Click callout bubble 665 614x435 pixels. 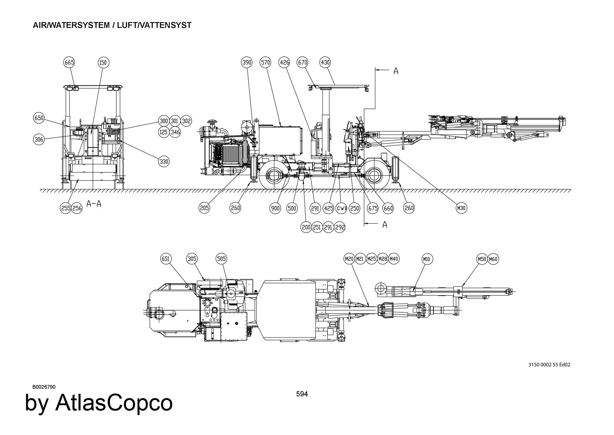(x=69, y=62)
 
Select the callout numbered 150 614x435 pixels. (x=103, y=63)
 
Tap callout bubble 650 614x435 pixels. (x=39, y=118)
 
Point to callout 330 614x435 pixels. (x=164, y=161)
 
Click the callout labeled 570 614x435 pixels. (x=265, y=62)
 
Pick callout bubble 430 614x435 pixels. (x=325, y=62)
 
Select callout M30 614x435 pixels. (x=461, y=208)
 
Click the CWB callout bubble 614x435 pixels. (x=342, y=208)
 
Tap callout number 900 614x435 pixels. (x=275, y=208)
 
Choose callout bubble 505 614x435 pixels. (x=221, y=259)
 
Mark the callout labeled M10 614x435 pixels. (x=426, y=259)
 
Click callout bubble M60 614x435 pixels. (x=493, y=259)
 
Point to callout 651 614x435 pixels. (x=166, y=259)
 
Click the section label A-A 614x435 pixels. (x=94, y=204)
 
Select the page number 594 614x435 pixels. (x=302, y=394)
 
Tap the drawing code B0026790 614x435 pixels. (x=44, y=387)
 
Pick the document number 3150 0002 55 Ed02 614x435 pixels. (x=549, y=365)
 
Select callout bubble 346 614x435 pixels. (x=175, y=132)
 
